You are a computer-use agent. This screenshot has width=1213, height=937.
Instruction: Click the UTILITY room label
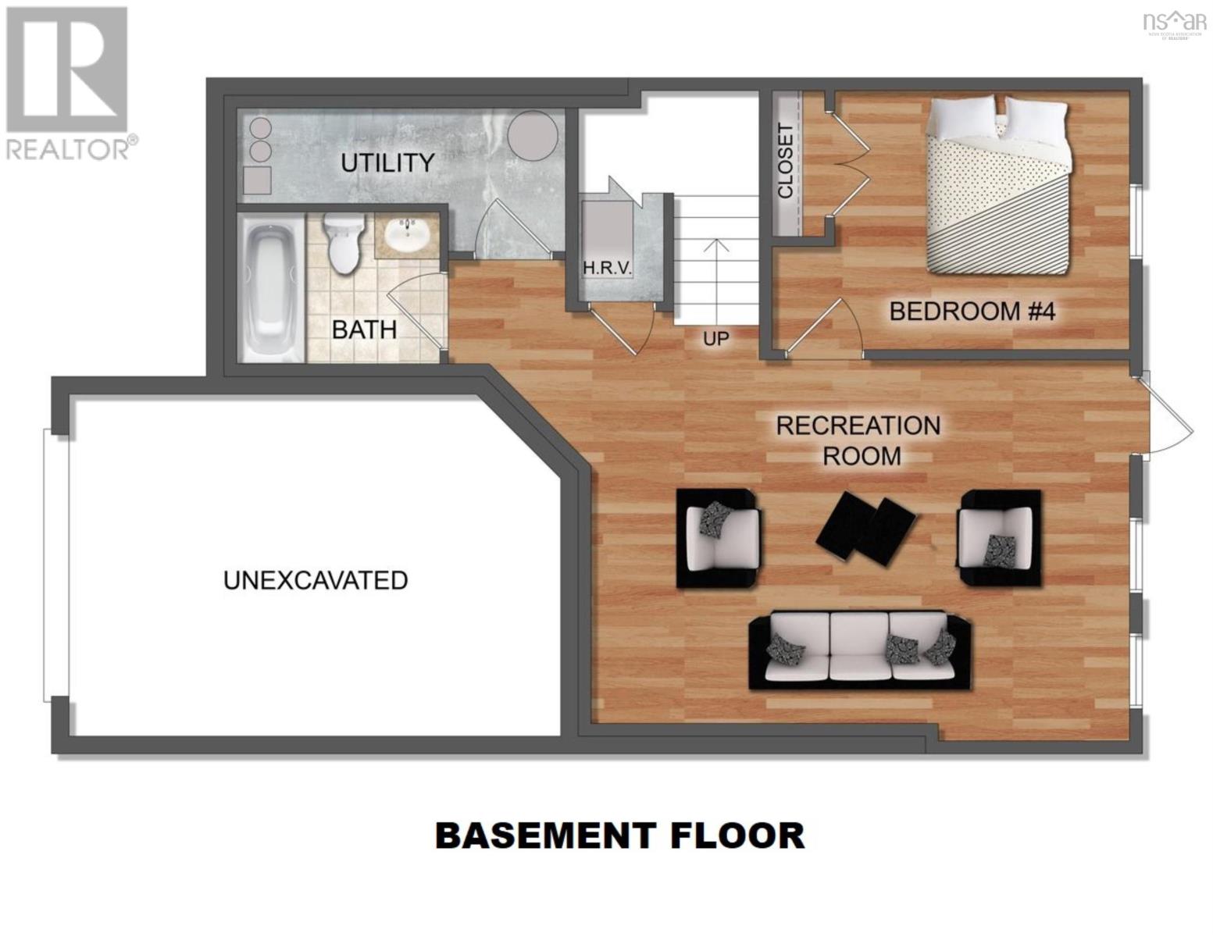387,162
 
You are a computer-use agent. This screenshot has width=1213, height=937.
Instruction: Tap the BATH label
364,330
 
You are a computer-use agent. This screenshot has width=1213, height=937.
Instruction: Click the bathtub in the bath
269,288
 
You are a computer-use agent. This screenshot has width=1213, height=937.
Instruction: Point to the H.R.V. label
607,268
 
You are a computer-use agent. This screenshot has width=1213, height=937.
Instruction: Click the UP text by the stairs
715,338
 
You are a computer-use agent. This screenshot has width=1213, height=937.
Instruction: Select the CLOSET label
785,161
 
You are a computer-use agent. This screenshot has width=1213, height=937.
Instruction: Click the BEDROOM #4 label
972,312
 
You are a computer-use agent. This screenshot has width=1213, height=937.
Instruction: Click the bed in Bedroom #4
997,187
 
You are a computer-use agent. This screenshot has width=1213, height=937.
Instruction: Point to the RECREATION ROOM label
858,440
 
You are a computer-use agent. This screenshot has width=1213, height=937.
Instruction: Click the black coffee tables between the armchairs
866,526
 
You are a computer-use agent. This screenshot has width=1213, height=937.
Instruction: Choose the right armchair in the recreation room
999,537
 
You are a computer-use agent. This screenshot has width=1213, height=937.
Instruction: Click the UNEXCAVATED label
316,580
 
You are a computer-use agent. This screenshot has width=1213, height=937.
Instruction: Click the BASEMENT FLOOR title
619,835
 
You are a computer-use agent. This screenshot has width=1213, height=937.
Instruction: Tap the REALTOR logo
68,83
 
